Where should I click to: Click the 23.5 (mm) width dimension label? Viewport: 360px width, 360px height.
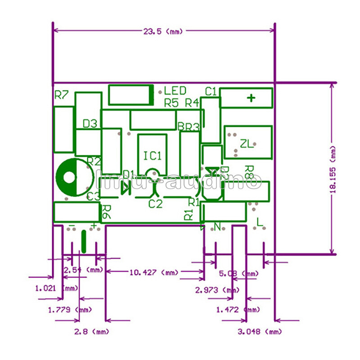coord(164,31)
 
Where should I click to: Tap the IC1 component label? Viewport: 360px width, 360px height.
coord(153,156)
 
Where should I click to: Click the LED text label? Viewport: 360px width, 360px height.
coord(175,91)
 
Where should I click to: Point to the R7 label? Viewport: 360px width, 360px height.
coord(61,95)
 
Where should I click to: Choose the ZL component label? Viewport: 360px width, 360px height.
coord(247,144)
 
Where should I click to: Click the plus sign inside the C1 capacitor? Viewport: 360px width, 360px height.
coord(251,98)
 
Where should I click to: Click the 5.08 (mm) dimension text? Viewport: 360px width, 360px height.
coord(238,274)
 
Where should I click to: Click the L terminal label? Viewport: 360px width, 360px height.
coord(260,222)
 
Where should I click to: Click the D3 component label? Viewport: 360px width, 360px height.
coord(90,123)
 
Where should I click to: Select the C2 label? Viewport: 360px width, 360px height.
coord(155,204)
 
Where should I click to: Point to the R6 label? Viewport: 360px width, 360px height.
coord(106,212)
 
